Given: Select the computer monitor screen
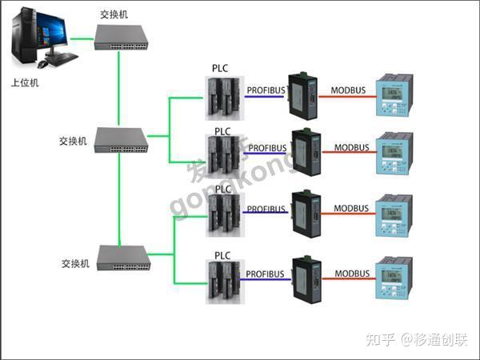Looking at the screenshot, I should coord(32,34).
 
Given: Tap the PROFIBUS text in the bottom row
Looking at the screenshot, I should coord(265,274).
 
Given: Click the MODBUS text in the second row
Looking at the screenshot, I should coord(352,148).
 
